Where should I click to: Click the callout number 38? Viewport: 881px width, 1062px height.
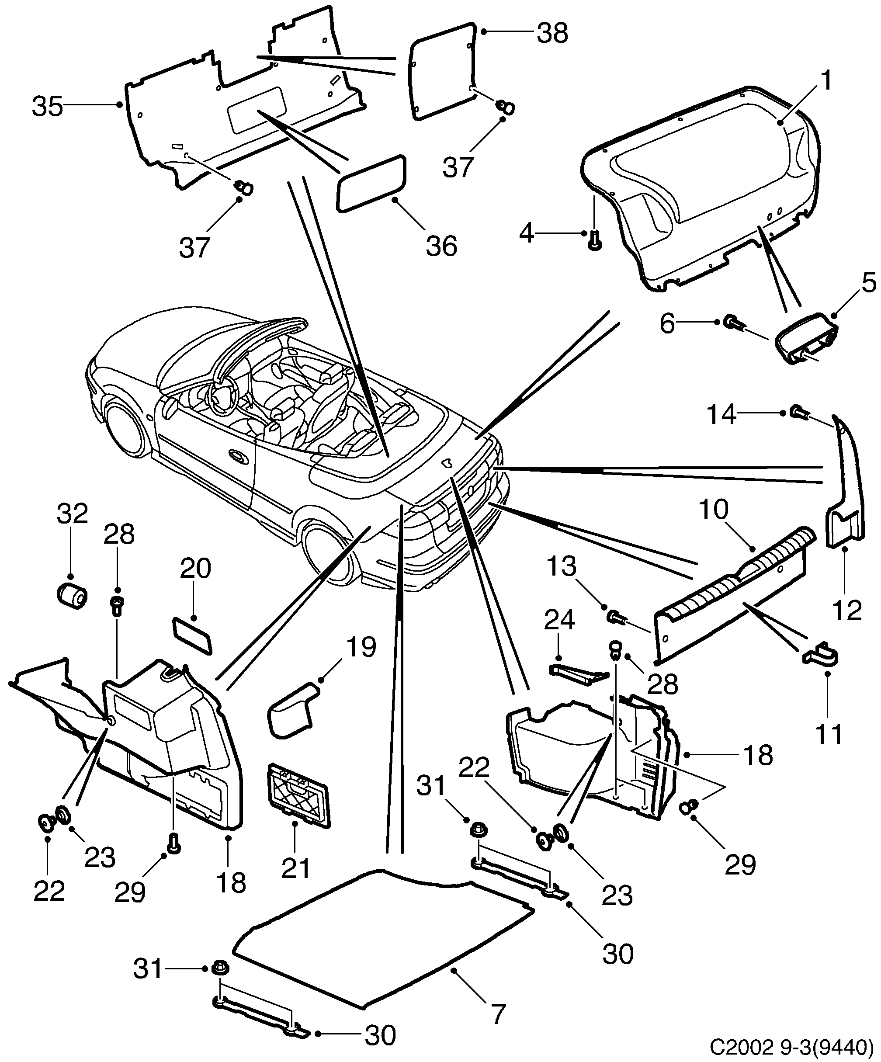coord(552,33)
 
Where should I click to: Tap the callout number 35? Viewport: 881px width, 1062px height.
coord(48,107)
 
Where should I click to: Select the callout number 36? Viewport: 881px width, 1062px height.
coord(441,246)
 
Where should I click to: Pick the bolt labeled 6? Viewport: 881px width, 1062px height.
coord(730,322)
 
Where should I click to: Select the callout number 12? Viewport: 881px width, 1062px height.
coord(846,611)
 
